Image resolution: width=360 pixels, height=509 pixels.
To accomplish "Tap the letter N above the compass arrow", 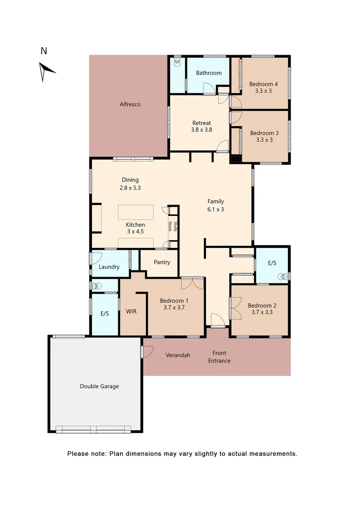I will (44, 51).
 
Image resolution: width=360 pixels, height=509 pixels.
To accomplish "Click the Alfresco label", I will (130, 104).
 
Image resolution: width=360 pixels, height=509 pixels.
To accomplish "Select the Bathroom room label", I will (209, 73).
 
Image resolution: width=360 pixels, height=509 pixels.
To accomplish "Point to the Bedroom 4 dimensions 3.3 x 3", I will (263, 91).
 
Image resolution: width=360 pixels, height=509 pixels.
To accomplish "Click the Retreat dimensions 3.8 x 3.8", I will (201, 130).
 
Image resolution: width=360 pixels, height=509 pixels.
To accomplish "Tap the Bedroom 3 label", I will (264, 133).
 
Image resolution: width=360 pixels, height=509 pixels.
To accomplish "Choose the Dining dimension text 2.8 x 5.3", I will (130, 187).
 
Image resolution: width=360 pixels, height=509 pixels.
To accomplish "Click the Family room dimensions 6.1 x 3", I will (215, 209).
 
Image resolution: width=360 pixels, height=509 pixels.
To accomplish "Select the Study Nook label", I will (172, 226).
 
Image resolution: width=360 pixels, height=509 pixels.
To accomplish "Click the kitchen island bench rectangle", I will (136, 212).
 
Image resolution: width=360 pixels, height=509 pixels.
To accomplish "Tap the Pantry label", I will (162, 263).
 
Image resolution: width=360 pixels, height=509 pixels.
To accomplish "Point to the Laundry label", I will (109, 267).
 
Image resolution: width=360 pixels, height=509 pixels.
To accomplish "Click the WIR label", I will (131, 311).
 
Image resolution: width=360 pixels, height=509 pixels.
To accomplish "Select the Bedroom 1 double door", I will (192, 283).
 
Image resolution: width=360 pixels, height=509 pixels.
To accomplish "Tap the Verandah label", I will (178, 355).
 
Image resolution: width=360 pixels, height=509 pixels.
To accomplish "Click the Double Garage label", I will (99, 386).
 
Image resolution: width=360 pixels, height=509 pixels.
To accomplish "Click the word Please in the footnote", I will (78, 454).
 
